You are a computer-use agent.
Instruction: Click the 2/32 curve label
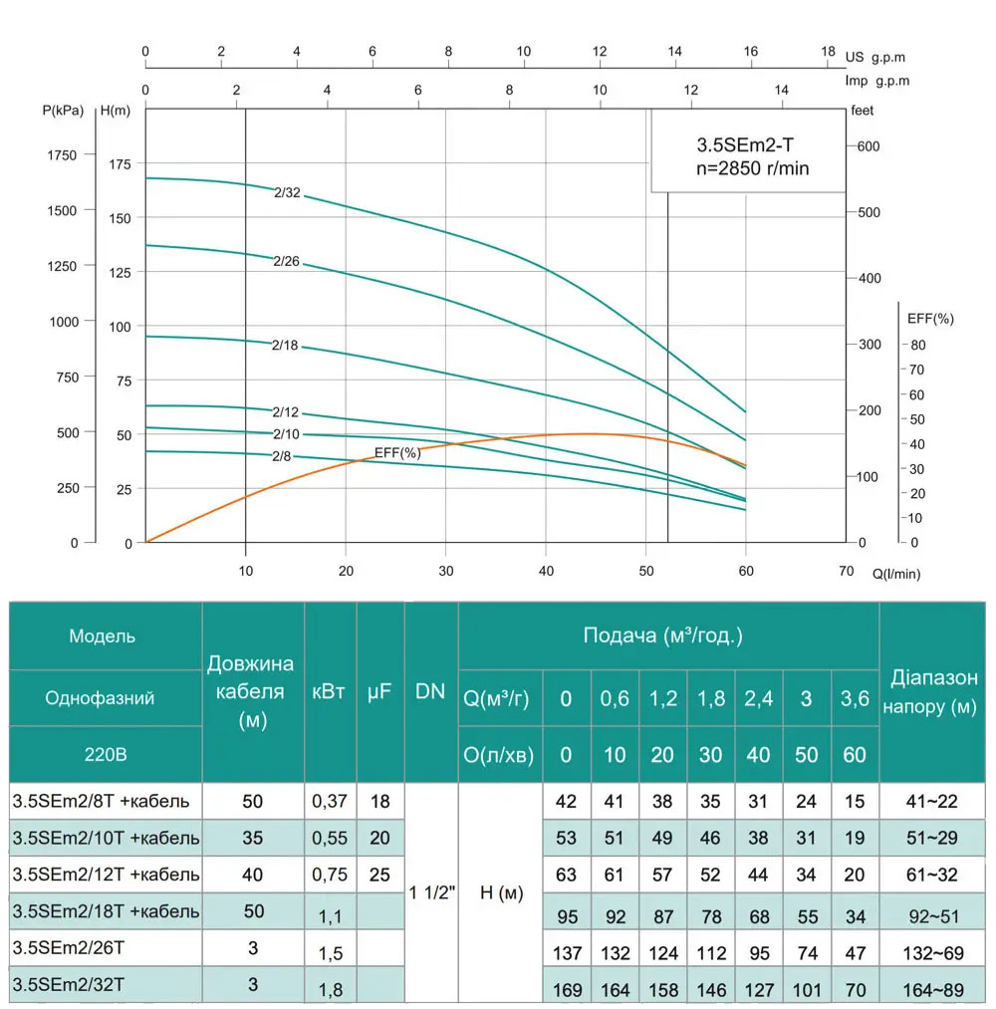tap(287, 193)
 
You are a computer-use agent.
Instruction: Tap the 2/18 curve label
tap(286, 346)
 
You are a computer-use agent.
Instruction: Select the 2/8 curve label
tap(282, 455)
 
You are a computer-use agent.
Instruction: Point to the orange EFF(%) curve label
tap(397, 452)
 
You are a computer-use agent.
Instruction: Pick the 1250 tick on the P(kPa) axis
tap(62, 266)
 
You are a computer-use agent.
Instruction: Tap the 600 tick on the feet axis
tap(869, 145)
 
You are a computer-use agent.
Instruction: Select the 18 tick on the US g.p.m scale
tap(828, 52)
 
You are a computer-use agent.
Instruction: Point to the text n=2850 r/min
tap(753, 168)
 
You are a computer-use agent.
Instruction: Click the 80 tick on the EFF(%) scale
tap(917, 345)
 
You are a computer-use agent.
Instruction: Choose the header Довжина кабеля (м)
tap(252, 691)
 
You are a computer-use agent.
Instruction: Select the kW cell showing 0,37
tap(330, 800)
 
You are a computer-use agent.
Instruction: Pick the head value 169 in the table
tap(567, 990)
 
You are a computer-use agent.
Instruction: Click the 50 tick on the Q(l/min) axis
tap(645, 571)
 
